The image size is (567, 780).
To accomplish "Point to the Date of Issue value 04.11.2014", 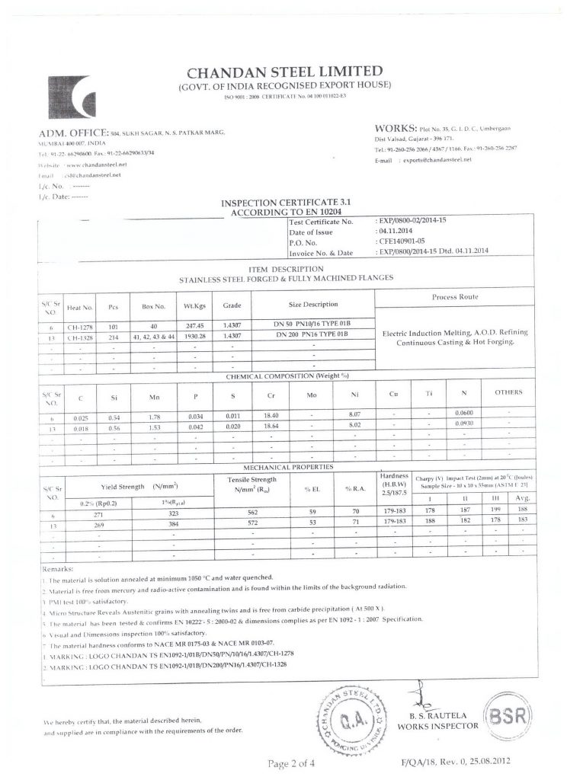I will point(396,232).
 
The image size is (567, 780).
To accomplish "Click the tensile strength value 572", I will point(253,524).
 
